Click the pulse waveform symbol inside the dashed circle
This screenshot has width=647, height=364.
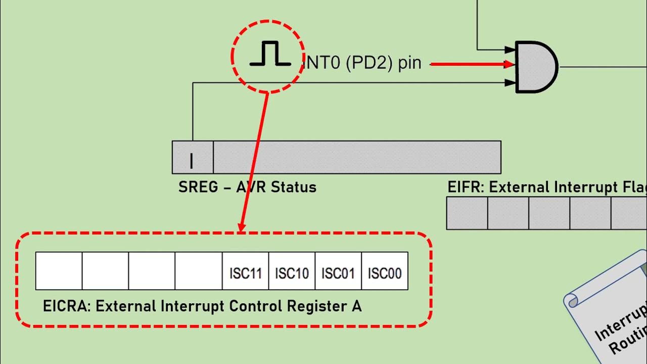270,55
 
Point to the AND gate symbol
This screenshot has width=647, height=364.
536,67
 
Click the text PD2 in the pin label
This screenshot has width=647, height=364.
370,64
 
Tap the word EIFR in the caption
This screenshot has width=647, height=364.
466,188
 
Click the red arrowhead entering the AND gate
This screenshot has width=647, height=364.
509,64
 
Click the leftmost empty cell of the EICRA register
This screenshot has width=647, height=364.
59,271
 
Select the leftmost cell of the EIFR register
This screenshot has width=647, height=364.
467,213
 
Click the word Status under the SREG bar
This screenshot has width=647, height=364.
293,188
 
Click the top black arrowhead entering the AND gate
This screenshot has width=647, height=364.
510,50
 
